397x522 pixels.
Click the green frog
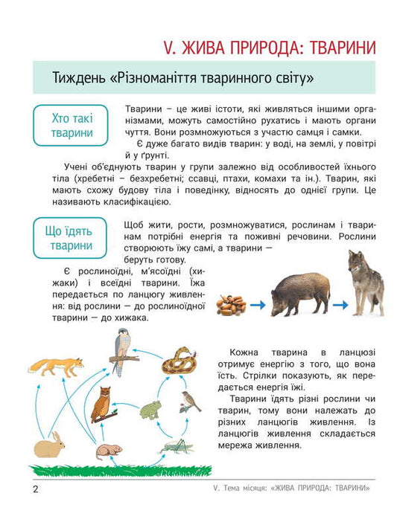(x=152, y=410)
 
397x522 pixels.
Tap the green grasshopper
(x=176, y=445)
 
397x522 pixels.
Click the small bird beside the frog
(x=191, y=402)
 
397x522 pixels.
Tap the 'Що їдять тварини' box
(x=72, y=237)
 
